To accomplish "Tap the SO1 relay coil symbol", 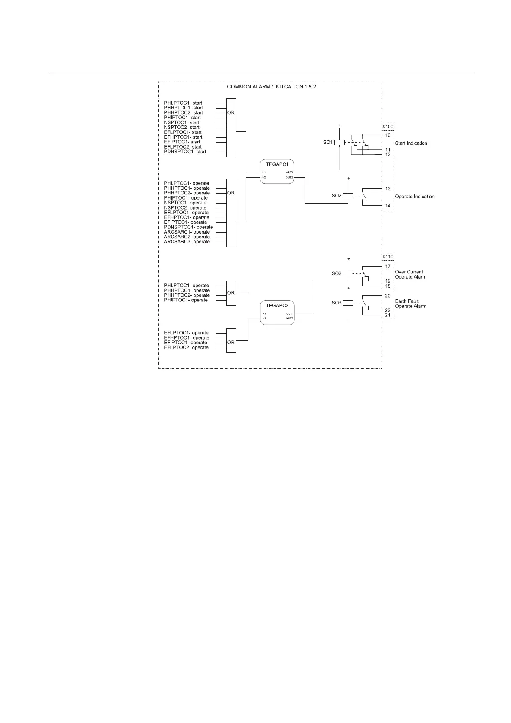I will (339, 142).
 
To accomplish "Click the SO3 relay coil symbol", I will (348, 303).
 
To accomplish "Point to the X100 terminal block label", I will (388, 127).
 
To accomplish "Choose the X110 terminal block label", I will (388, 257).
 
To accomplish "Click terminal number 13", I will (387, 188).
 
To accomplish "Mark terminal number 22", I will (387, 310).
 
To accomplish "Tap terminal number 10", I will (387, 135).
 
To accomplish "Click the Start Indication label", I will (411, 143).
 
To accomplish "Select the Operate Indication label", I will (414, 197).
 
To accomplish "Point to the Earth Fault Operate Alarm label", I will (410, 304).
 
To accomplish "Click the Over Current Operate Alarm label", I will (410, 274).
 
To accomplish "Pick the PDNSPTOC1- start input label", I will (185, 152).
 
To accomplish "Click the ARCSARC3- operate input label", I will (187, 242).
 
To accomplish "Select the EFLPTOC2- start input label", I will (183, 147).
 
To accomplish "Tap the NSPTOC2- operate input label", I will (185, 208).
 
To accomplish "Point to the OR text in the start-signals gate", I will (231, 112).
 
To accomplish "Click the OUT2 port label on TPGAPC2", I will (290, 318).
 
